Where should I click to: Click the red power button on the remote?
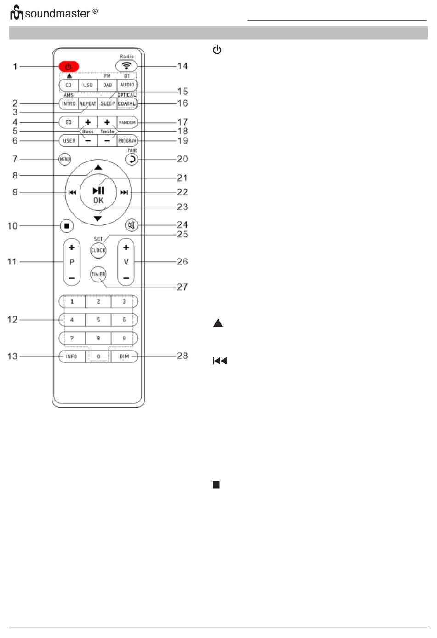[x=69, y=67]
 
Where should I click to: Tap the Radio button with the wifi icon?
[x=126, y=66]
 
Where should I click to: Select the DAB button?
[x=107, y=85]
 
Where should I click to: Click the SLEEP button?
[x=108, y=103]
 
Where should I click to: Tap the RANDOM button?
[x=127, y=122]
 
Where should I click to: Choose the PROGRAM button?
[x=127, y=141]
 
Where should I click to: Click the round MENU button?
[x=65, y=159]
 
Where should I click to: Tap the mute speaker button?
[x=132, y=225]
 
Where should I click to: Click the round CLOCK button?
[x=98, y=250]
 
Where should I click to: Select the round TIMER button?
[x=98, y=275]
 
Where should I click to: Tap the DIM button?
[x=124, y=356]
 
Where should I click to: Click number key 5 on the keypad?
[x=98, y=320]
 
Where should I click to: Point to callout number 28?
[x=182, y=356]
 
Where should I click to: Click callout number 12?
[x=12, y=320]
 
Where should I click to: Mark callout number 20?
[x=182, y=159]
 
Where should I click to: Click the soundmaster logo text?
[x=57, y=13]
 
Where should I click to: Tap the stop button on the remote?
[x=67, y=226]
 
